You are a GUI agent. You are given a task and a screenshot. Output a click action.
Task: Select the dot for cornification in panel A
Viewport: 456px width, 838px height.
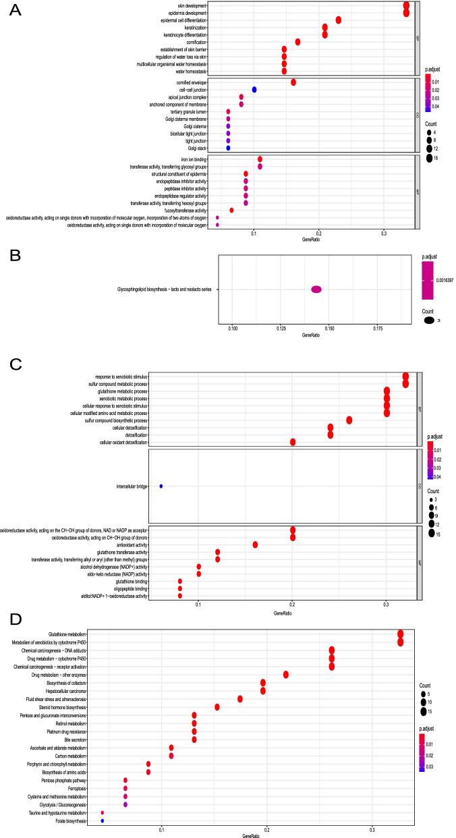(297, 42)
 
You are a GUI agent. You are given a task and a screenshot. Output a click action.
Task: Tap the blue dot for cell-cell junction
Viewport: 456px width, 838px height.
(254, 89)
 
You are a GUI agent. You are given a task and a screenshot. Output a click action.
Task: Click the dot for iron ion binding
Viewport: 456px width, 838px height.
(260, 159)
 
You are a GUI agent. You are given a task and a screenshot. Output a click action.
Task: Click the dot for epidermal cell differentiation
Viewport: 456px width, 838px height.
(338, 20)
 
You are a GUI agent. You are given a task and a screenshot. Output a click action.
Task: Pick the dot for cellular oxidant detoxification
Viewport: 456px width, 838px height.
(293, 442)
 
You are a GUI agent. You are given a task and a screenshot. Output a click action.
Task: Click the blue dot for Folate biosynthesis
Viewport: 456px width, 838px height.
(102, 821)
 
